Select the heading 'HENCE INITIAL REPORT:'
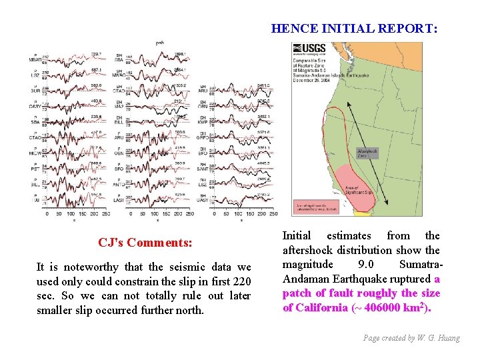coord(355,29)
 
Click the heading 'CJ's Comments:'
coord(145,242)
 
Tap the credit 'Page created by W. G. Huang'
coord(411,338)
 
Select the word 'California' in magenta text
coord(325,307)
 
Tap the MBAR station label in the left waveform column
coord(35,60)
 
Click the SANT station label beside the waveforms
coord(203,170)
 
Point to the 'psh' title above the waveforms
coord(160,43)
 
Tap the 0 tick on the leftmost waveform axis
coord(47,214)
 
